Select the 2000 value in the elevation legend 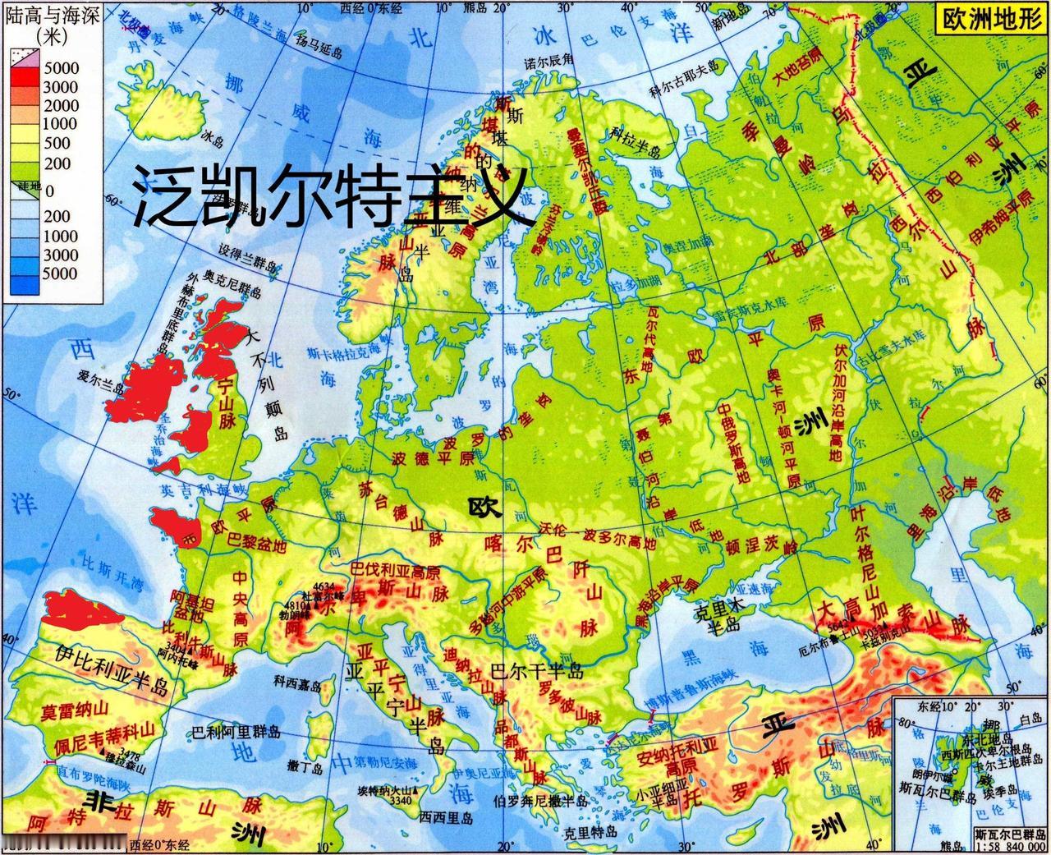pyautogui.click(x=62, y=105)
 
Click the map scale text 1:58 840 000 pyautogui.click(x=1010, y=846)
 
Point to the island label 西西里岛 pyautogui.click(x=446, y=817)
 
